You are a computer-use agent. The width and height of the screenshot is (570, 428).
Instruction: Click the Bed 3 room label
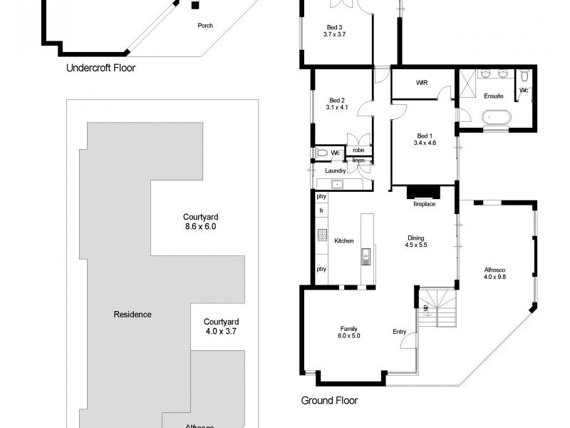click(x=334, y=31)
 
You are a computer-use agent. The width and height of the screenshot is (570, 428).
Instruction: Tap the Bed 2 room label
click(x=337, y=104)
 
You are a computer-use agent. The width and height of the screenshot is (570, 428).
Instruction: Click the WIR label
click(x=421, y=83)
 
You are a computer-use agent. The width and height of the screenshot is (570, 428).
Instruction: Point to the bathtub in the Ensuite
click(x=495, y=118)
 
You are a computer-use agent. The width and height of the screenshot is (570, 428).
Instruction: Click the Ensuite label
click(x=494, y=96)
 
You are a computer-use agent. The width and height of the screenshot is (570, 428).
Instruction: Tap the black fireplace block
click(x=425, y=193)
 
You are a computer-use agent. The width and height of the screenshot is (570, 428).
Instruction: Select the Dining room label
click(x=415, y=241)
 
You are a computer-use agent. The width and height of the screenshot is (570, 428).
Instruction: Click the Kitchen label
click(x=344, y=241)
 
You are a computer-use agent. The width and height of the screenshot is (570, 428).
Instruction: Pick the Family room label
click(x=349, y=332)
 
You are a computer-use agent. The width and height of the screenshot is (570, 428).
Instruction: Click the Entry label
click(x=399, y=332)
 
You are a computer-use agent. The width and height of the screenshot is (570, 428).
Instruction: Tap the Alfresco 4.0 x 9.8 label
click(x=495, y=272)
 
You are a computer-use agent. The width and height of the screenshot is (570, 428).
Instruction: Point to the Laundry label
click(x=336, y=171)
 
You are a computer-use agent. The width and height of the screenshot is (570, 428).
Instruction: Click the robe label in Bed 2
click(x=358, y=151)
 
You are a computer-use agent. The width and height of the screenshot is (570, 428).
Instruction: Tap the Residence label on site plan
click(x=133, y=315)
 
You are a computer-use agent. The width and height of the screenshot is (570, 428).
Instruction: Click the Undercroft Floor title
click(x=100, y=68)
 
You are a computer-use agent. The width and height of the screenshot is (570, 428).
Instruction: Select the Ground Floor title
click(x=329, y=400)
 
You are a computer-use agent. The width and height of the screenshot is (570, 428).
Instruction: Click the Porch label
click(x=204, y=26)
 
